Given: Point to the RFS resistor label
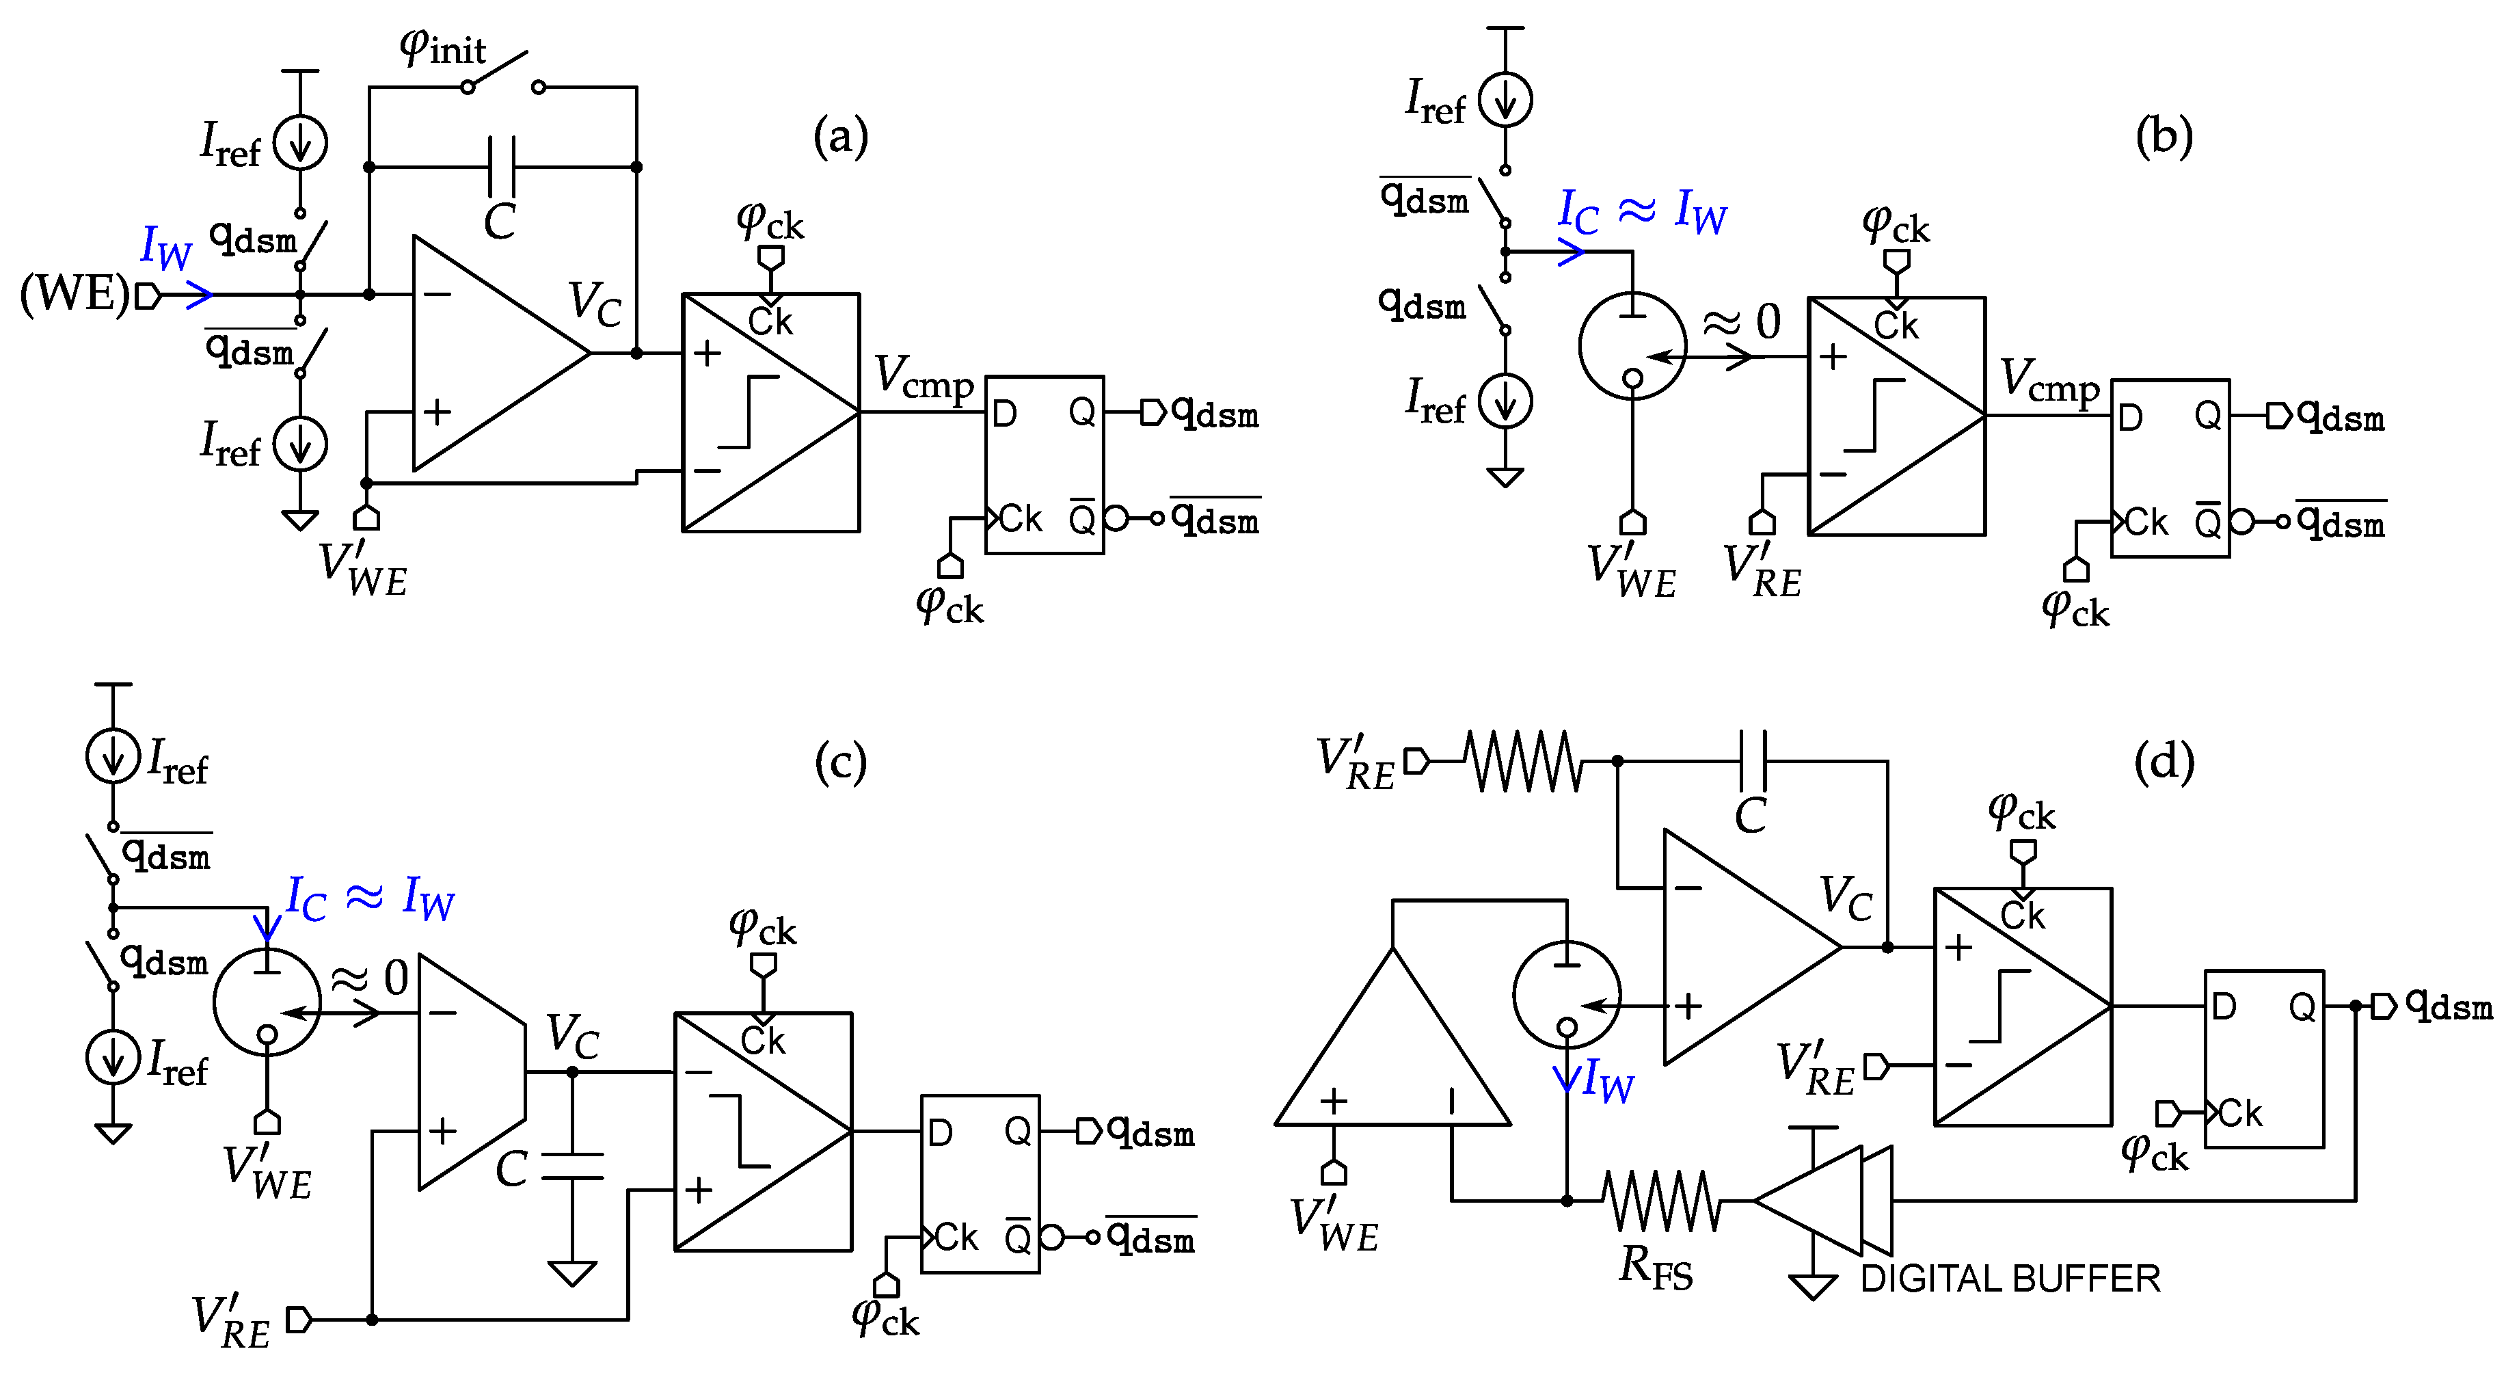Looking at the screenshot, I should click(x=1654, y=1268).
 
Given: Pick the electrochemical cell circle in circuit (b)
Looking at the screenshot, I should click(x=1632, y=345).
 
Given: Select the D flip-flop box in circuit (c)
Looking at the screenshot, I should click(x=980, y=1184).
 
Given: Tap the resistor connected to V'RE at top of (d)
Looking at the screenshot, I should click(x=1524, y=761).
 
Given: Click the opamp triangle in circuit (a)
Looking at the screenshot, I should click(x=489, y=353).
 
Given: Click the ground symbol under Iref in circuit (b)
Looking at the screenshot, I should click(x=1505, y=477).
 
